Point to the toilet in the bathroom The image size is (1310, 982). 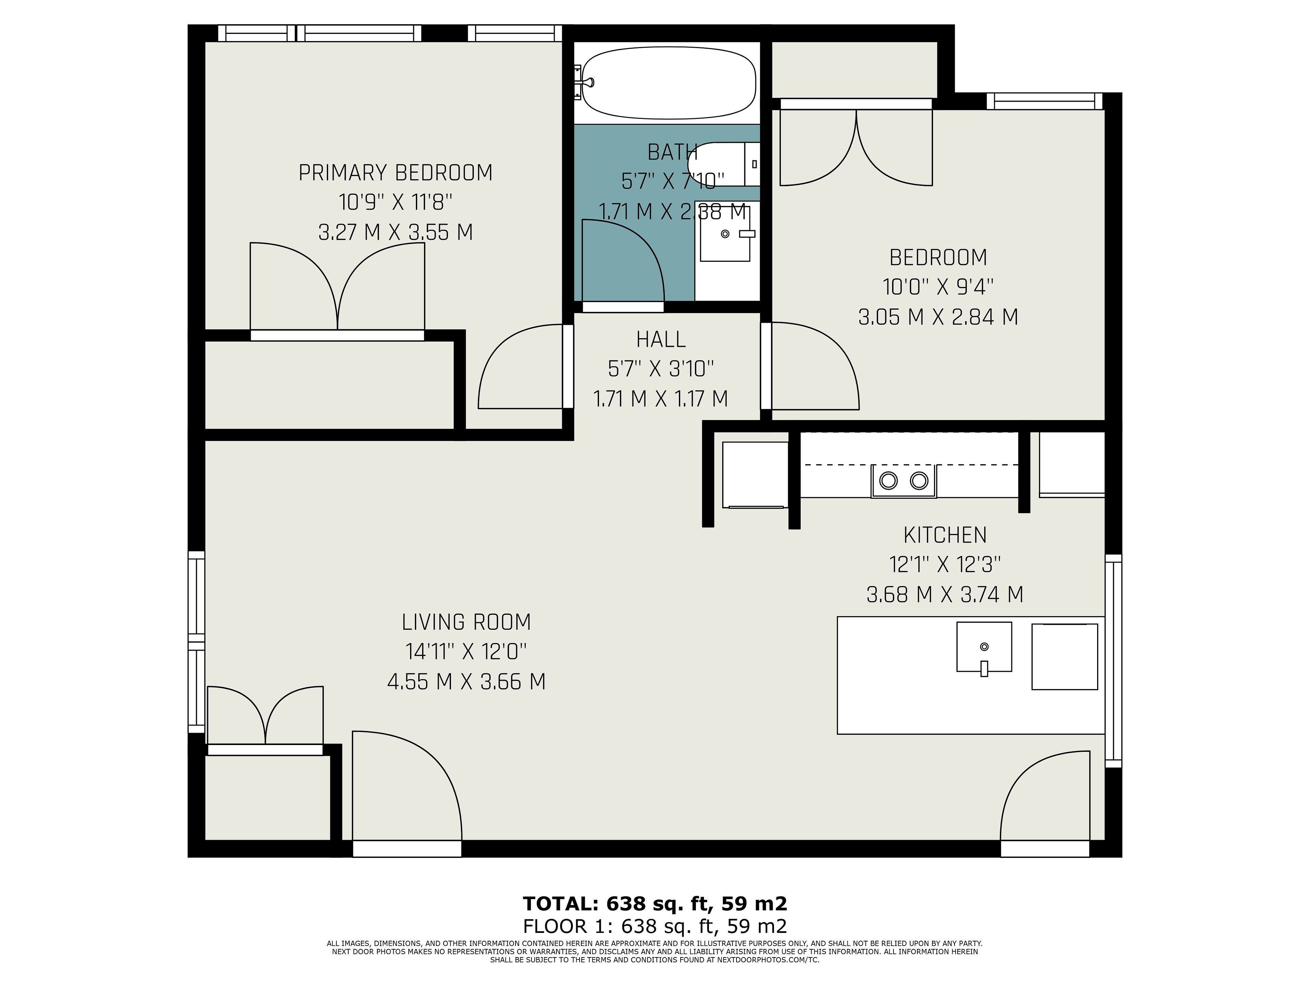tap(724, 164)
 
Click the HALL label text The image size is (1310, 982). tap(661, 339)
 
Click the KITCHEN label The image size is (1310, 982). tap(945, 535)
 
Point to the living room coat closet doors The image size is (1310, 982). tap(265, 715)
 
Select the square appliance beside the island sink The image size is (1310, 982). tap(1065, 656)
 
